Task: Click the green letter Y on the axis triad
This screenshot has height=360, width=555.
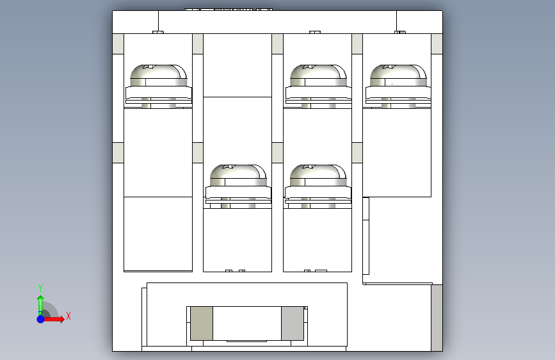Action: coord(40,288)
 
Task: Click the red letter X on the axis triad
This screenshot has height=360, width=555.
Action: coord(68,316)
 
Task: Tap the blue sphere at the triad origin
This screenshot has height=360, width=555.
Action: coord(41,319)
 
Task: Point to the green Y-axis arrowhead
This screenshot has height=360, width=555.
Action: coord(41,299)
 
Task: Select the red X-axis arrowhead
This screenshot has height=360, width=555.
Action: coord(62,319)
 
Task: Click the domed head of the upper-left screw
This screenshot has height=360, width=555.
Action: coord(159,75)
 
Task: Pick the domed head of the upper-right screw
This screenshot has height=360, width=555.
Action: coord(398,75)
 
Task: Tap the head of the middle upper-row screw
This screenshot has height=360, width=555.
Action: coord(318,75)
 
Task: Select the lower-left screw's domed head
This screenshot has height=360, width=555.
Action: coord(238,175)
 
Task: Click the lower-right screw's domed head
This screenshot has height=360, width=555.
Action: coord(318,175)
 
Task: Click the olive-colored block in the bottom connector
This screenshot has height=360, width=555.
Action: coord(202,323)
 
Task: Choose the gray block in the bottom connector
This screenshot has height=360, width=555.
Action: coord(293,323)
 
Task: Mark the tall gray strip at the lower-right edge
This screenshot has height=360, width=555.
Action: coord(437,318)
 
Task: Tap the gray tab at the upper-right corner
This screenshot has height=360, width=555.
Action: coord(437,44)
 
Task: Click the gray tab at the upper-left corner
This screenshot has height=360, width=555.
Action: coord(118,44)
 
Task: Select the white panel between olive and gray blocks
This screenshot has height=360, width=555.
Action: coord(247,323)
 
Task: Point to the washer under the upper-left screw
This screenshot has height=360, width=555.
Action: coord(159,93)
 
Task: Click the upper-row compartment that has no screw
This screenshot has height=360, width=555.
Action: coord(237,65)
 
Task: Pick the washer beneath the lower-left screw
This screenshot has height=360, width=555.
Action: coord(238,193)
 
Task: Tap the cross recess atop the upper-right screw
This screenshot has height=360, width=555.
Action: coord(389,67)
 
